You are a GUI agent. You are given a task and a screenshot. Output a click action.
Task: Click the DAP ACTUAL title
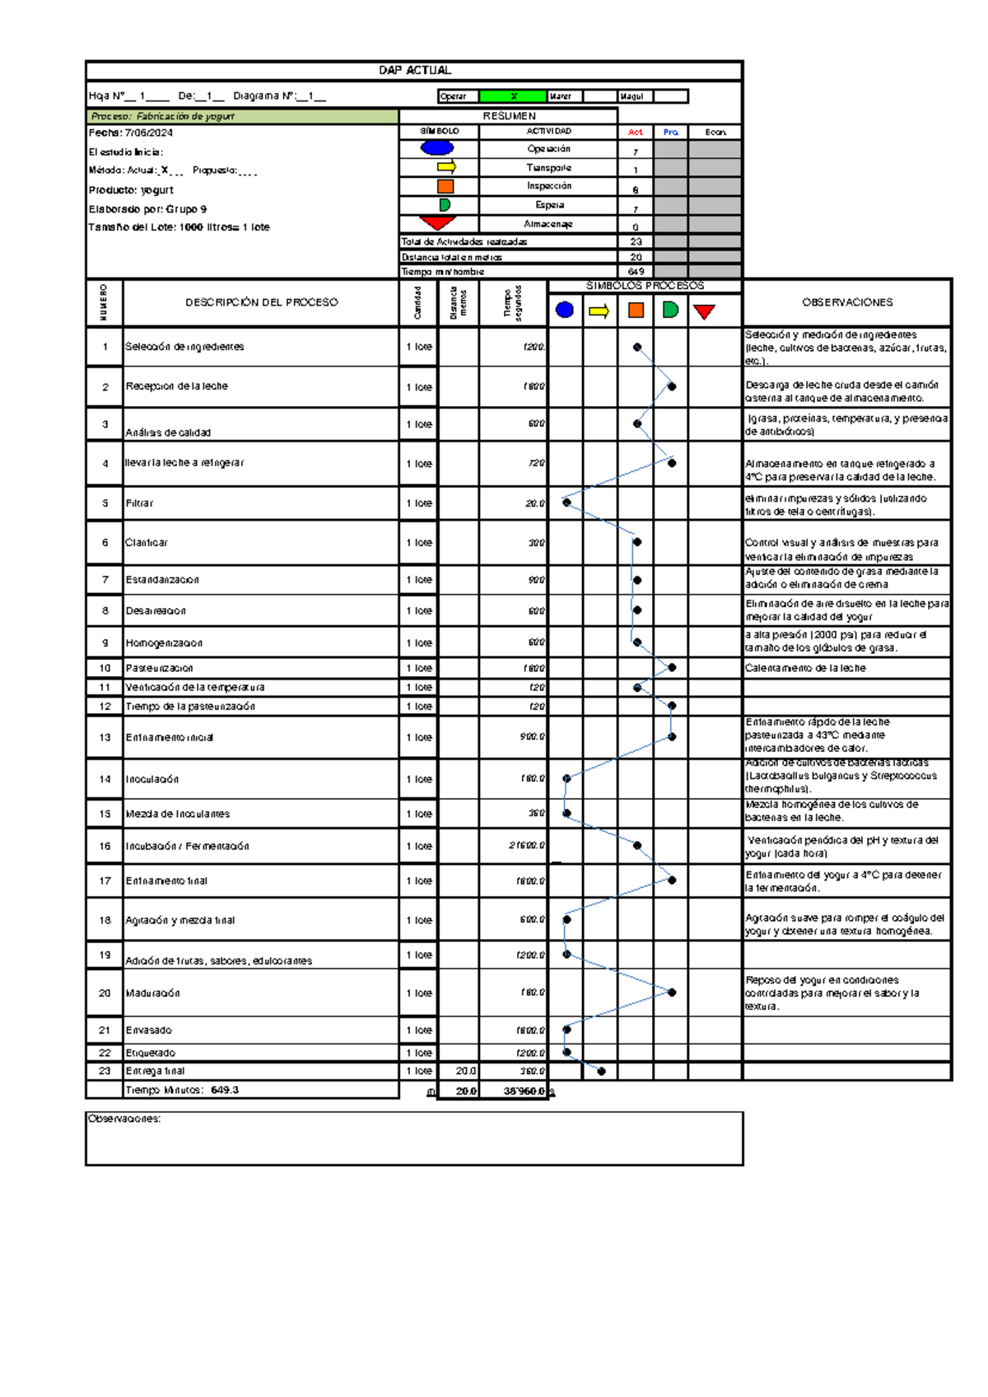coord(414,71)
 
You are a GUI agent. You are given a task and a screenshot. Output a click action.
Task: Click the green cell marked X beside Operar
coord(513,96)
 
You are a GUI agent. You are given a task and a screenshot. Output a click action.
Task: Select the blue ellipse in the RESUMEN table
coord(437,148)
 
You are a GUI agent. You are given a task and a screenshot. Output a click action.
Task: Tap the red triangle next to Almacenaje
coord(437,222)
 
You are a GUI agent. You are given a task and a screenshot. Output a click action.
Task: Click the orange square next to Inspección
coord(445,186)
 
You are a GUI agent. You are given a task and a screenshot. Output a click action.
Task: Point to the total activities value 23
coord(636,242)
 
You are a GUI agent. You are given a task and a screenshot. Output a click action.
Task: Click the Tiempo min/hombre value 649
coord(636,272)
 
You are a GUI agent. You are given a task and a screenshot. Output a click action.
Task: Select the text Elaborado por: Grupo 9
coord(147,209)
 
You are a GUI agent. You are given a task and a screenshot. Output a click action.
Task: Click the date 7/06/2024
coord(148,133)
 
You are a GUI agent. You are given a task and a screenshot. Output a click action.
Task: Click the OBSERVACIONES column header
coord(847,302)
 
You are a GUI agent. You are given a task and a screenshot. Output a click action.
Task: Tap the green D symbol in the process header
coord(670,310)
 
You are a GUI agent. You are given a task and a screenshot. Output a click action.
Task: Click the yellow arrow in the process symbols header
coord(599,311)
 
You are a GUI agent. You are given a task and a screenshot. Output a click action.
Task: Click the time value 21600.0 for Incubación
coord(526,846)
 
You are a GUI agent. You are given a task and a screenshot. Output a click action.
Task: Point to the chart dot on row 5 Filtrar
coord(566,502)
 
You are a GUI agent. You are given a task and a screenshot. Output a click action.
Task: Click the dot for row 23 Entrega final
coord(601,1072)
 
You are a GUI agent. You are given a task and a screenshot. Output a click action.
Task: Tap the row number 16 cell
coord(105,846)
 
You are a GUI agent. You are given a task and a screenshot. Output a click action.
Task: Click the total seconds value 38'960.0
coord(524,1091)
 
